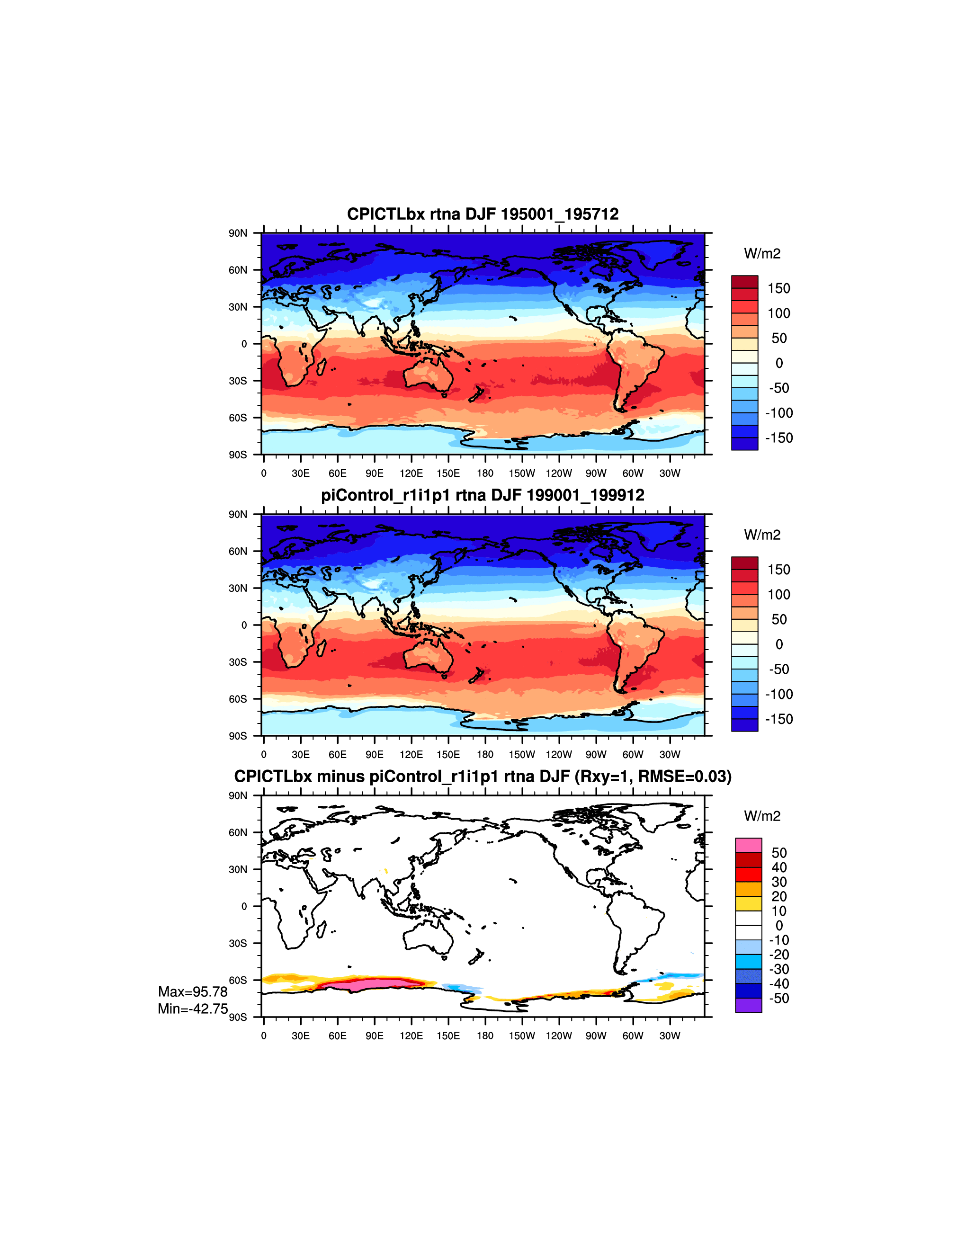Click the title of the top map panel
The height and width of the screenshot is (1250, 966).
point(483,214)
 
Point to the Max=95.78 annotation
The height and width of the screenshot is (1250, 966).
point(193,992)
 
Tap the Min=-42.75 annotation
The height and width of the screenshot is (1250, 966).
point(193,1009)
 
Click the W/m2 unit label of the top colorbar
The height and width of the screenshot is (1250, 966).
point(762,253)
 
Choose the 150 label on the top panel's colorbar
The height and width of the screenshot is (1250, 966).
point(779,288)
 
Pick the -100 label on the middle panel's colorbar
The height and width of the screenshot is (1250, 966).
point(779,694)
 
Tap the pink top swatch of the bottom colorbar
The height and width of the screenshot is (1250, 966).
point(749,845)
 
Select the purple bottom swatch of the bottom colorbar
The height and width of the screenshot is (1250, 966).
point(749,1005)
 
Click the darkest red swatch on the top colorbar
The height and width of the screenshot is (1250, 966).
point(744,282)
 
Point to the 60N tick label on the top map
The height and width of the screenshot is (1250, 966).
point(238,270)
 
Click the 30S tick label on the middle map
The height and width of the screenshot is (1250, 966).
point(238,662)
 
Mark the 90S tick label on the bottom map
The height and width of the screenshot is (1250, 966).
point(238,1017)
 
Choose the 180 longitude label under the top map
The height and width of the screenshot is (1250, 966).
point(485,473)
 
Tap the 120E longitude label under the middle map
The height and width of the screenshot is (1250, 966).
point(411,754)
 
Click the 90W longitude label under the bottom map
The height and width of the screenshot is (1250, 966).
point(596,1036)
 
